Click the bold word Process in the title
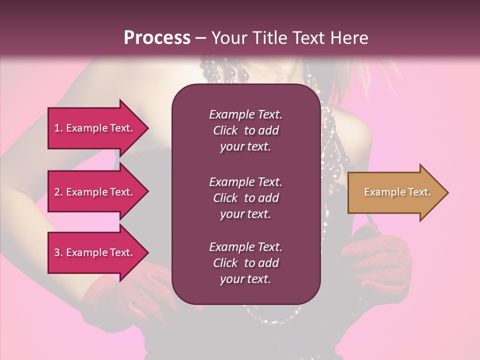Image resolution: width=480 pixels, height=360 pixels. click(157, 38)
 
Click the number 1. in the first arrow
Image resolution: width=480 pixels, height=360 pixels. click(59, 128)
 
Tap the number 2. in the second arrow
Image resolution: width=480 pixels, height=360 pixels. click(59, 192)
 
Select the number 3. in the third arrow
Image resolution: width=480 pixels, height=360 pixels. click(59, 252)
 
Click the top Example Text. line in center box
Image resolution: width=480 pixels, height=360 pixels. click(245, 114)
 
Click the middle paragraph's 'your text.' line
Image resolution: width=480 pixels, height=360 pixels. click(245, 214)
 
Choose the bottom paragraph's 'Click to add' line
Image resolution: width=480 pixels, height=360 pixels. click(245, 263)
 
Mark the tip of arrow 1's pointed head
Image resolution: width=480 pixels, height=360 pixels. click(147, 128)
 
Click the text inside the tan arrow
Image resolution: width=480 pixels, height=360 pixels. click(397, 192)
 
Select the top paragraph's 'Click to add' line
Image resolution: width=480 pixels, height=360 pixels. click(245, 130)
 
